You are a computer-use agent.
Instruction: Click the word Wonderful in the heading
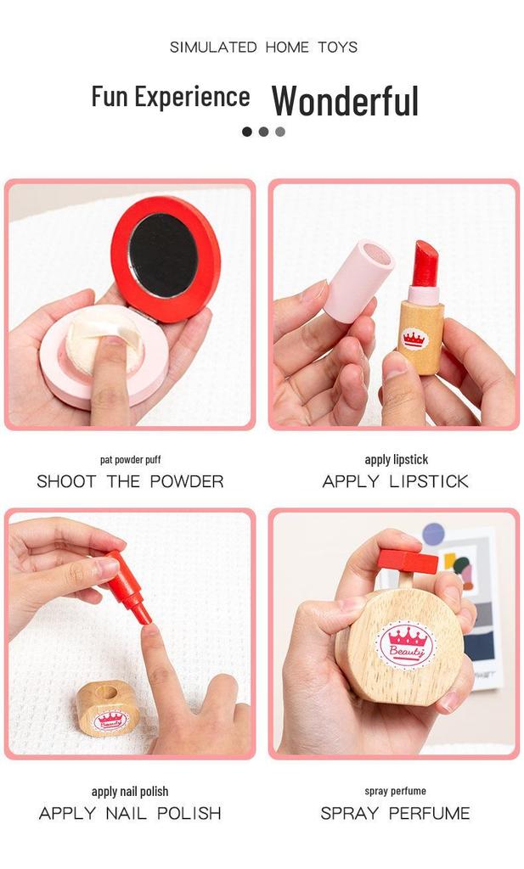(x=345, y=101)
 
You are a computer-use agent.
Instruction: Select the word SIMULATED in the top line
(x=213, y=48)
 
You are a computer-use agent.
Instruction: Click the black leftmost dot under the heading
(x=247, y=132)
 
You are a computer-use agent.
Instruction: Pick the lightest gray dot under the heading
(x=280, y=132)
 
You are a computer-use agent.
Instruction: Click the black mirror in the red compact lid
(x=163, y=255)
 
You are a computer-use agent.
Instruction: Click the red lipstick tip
(x=425, y=263)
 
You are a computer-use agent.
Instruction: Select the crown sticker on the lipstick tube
(x=413, y=338)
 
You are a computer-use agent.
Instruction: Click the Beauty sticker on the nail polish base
(x=110, y=720)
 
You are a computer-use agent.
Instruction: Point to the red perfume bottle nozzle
(x=408, y=562)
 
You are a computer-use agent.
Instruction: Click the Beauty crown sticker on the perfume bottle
(x=406, y=645)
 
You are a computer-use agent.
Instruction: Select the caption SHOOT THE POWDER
(x=130, y=482)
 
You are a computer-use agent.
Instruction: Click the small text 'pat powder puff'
(x=130, y=459)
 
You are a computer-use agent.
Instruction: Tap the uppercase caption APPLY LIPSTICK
(x=396, y=482)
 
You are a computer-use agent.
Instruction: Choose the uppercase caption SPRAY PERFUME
(x=396, y=814)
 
